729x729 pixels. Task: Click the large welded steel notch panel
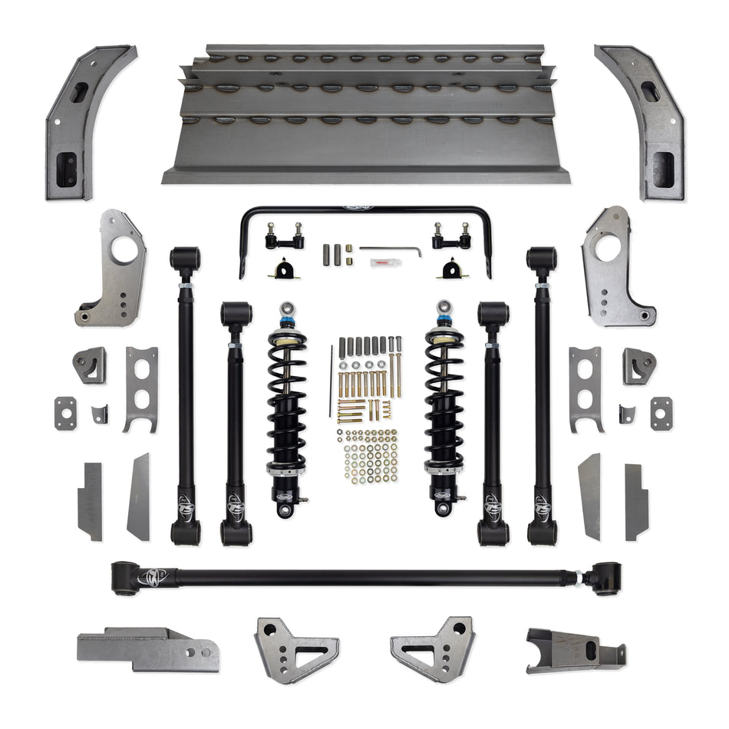coord(365,115)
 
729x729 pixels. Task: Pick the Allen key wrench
coord(391,249)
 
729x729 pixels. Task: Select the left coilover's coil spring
coord(286,399)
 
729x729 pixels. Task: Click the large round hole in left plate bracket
coord(124,249)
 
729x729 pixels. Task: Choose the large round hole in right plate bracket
coord(605,249)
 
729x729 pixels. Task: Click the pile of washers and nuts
coord(367,457)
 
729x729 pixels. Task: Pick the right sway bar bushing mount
coord(448,269)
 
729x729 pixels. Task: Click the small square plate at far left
coord(65,413)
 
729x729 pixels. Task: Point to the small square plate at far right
coord(661,413)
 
